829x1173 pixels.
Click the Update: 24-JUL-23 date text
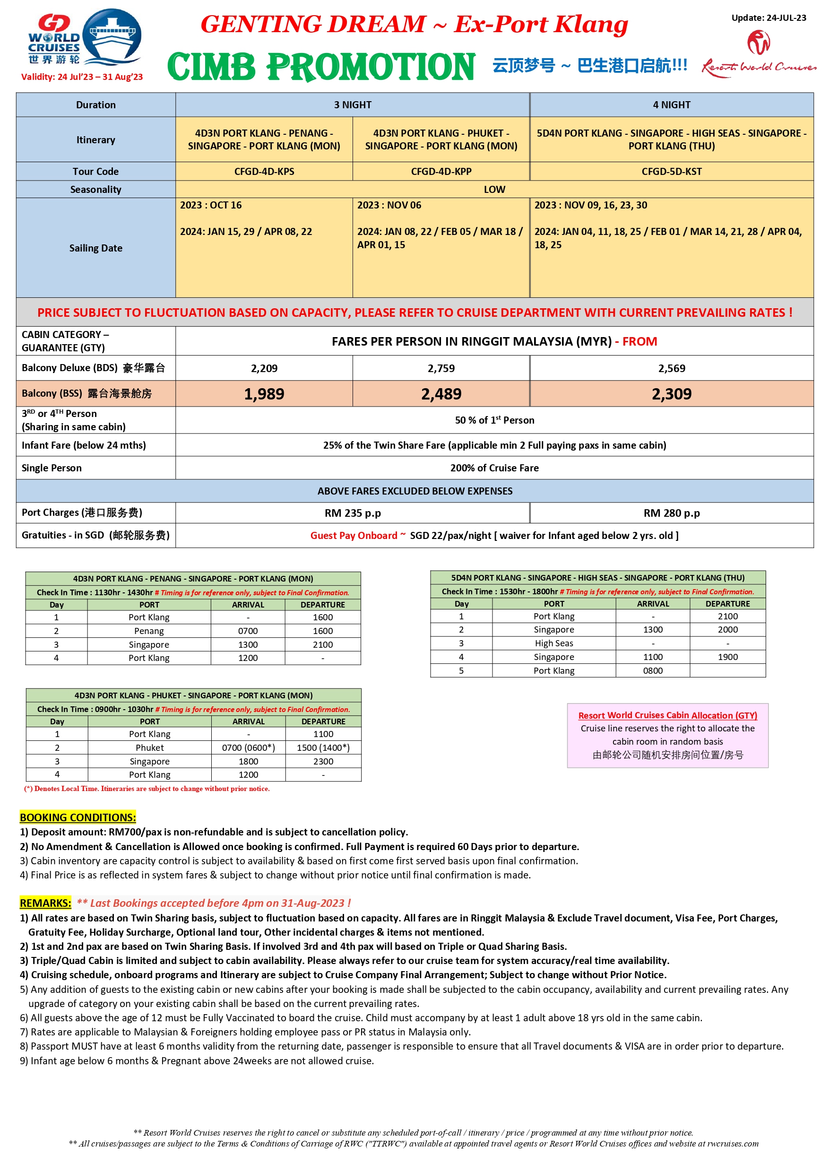point(768,18)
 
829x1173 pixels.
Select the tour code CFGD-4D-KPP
point(441,172)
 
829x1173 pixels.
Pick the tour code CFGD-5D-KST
point(671,172)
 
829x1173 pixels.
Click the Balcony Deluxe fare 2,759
point(441,368)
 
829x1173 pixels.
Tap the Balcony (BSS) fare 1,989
point(264,394)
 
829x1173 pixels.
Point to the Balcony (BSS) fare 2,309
point(671,394)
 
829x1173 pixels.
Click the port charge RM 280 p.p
point(671,513)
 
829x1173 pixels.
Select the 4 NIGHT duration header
point(671,105)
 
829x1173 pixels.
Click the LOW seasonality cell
point(494,190)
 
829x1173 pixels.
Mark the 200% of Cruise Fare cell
point(494,468)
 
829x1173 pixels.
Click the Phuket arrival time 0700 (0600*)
point(248,747)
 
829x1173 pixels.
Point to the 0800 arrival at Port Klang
point(652,670)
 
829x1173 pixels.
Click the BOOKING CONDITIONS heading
point(78,817)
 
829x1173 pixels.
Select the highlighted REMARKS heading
point(45,903)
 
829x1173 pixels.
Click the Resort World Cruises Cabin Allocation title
point(667,715)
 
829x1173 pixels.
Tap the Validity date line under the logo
point(82,77)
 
